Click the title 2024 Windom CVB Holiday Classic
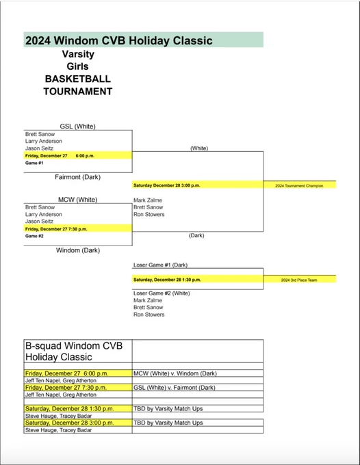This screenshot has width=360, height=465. click(118, 40)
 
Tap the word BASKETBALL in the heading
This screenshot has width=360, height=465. click(78, 79)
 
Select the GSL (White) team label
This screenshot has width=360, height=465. click(78, 127)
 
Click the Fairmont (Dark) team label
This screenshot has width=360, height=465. click(78, 177)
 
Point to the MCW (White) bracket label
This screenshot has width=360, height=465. click(78, 200)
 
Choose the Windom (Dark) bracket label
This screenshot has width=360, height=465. click(78, 250)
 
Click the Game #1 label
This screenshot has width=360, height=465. click(34, 163)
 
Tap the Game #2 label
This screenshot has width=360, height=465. click(34, 236)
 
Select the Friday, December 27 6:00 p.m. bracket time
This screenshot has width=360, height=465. click(60, 156)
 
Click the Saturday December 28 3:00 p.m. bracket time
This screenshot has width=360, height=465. click(167, 185)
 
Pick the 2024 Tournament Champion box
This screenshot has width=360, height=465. click(300, 185)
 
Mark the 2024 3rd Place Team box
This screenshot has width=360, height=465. click(300, 280)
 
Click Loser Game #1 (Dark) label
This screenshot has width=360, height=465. click(160, 265)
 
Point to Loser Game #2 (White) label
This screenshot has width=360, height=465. click(162, 293)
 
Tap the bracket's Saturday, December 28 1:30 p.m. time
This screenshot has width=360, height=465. click(167, 280)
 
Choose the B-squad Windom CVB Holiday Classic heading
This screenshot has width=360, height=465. click(74, 351)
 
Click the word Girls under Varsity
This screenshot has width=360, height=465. click(78, 66)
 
